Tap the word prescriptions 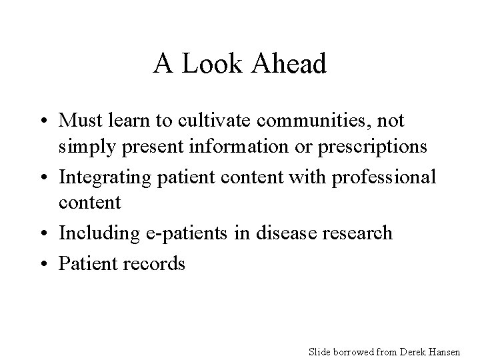(369, 147)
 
